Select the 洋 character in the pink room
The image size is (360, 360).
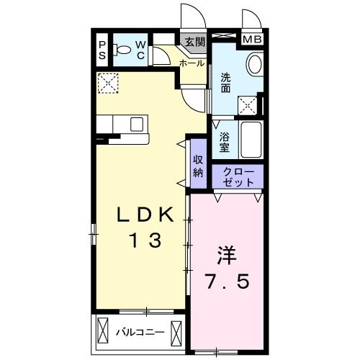tap(225, 256)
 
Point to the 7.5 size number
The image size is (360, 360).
tap(225, 282)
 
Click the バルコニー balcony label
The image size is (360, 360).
tap(140, 333)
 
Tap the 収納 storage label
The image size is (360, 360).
tap(198, 166)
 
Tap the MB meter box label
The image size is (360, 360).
tap(252, 40)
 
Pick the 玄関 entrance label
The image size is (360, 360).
tap(194, 41)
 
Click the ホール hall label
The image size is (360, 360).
tap(191, 63)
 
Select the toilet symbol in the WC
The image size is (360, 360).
tap(124, 51)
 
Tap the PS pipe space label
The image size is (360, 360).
tap(102, 51)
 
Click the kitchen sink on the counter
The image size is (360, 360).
tap(136, 124)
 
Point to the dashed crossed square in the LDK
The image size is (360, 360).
tap(107, 83)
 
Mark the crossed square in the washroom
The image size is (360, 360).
tap(248, 106)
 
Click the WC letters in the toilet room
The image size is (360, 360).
tap(141, 50)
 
